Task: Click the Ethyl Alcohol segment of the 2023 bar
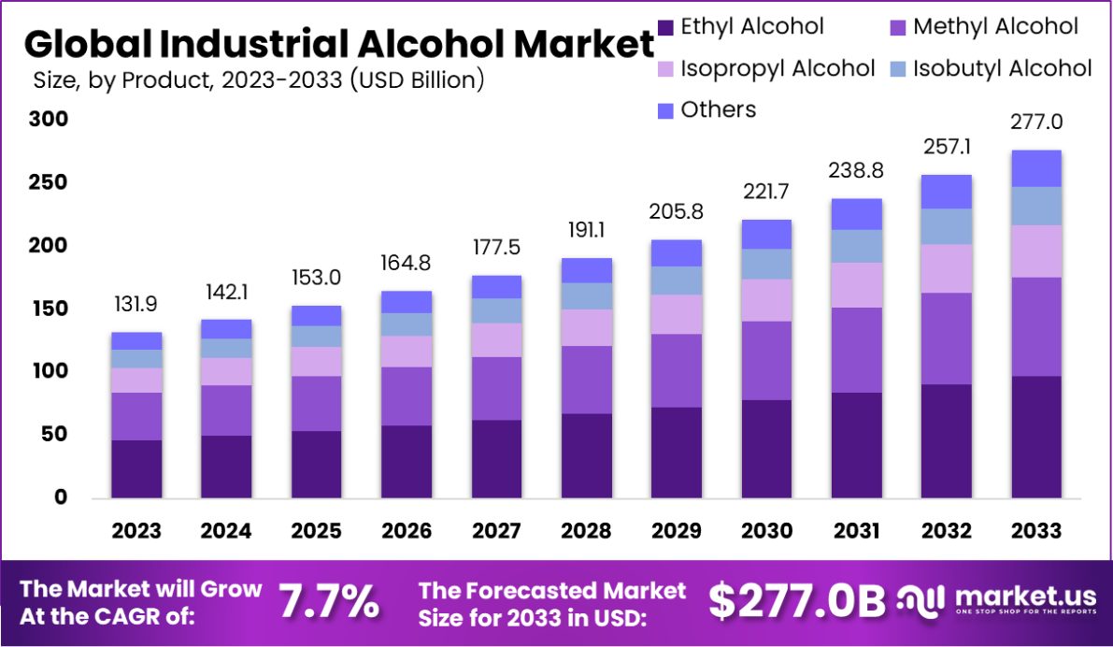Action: click(136, 467)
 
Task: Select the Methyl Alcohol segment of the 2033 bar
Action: click(1036, 326)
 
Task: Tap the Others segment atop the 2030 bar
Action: click(766, 234)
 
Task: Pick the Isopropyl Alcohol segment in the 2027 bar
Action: click(496, 339)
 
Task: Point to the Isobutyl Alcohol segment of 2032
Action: click(947, 226)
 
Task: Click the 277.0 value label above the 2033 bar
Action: click(1036, 122)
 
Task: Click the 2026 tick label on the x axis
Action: click(407, 531)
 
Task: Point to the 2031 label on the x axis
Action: click(856, 531)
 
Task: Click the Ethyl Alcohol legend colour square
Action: click(665, 27)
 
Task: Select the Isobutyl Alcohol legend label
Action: click(1002, 68)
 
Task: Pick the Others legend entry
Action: click(718, 110)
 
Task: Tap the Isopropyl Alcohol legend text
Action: click(778, 68)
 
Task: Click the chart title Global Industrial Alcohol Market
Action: click(338, 44)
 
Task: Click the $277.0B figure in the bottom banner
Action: click(795, 601)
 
